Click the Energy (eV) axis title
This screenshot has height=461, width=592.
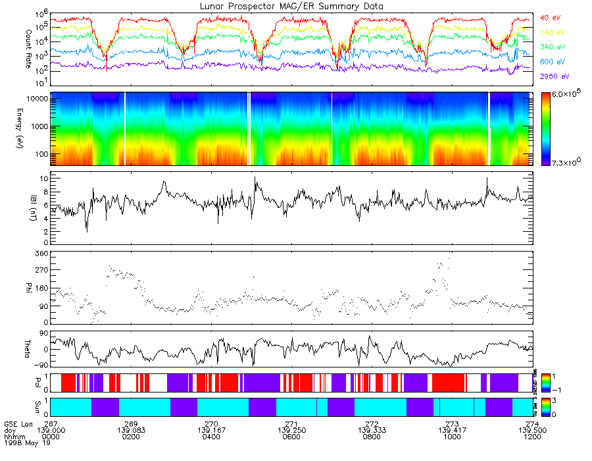point(28,128)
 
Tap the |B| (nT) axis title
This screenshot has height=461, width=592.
point(28,209)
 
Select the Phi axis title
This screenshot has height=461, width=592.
point(28,287)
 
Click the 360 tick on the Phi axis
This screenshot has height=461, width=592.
point(41,254)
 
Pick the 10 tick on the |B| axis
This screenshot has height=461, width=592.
point(41,178)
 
